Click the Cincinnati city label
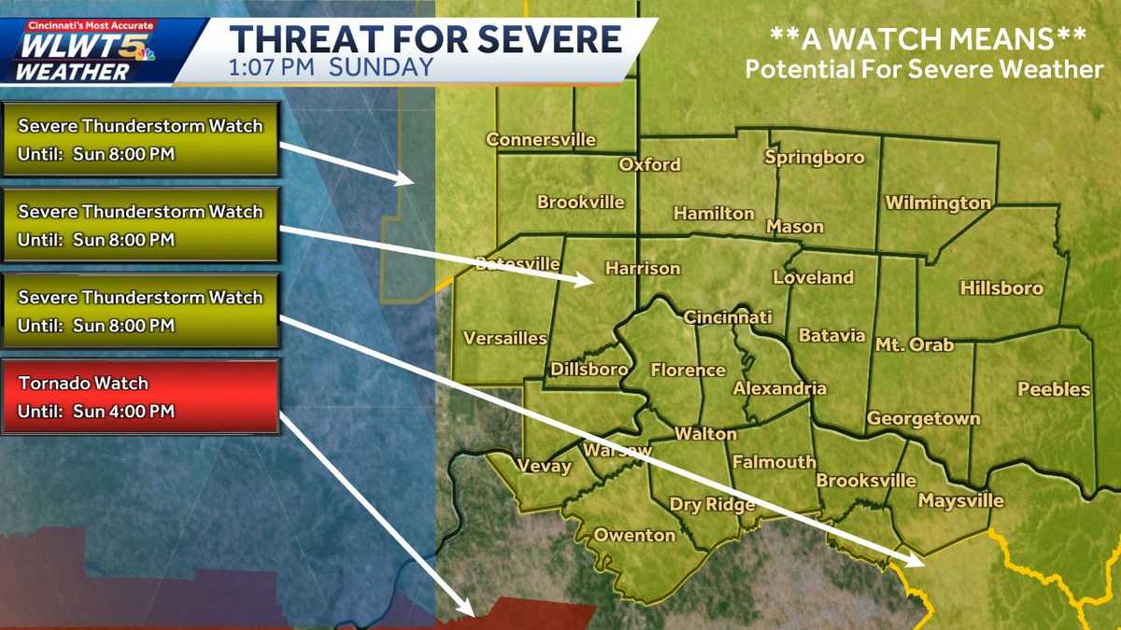[728, 317]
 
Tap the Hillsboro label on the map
[1001, 288]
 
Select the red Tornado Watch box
[140, 397]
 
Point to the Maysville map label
[960, 501]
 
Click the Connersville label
[541, 140]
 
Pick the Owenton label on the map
[635, 535]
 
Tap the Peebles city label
[1054, 389]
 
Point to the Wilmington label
[938, 203]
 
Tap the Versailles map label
[505, 338]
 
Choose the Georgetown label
[923, 418]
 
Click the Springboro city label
[815, 157]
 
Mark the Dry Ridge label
[712, 505]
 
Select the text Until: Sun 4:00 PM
[96, 412]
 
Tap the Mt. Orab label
[914, 345]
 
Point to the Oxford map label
[650, 165]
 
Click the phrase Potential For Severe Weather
[924, 69]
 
